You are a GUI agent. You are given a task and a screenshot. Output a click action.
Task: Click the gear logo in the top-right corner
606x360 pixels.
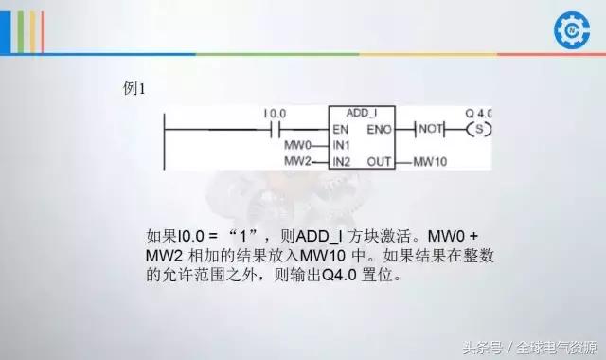tap(570, 30)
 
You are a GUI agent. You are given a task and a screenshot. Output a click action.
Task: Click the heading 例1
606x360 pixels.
tap(134, 88)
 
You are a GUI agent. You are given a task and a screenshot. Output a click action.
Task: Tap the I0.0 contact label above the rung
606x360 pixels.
tap(276, 114)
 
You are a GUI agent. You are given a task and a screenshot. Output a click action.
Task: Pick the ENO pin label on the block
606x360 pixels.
tap(380, 128)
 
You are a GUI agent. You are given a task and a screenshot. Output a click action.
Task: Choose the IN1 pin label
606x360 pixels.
tap(342, 145)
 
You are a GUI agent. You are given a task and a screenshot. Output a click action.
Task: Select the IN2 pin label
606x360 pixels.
tap(342, 162)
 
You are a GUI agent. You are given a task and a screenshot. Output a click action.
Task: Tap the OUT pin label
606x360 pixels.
tap(380, 162)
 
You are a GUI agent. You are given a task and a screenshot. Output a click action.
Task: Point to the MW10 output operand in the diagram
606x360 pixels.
tap(431, 162)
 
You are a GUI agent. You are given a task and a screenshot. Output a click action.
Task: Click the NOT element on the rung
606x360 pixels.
tap(431, 128)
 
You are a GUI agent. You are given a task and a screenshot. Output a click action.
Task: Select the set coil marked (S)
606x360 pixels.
tap(479, 128)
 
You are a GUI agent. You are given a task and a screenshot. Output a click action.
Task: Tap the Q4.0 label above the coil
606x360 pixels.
tap(479, 113)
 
